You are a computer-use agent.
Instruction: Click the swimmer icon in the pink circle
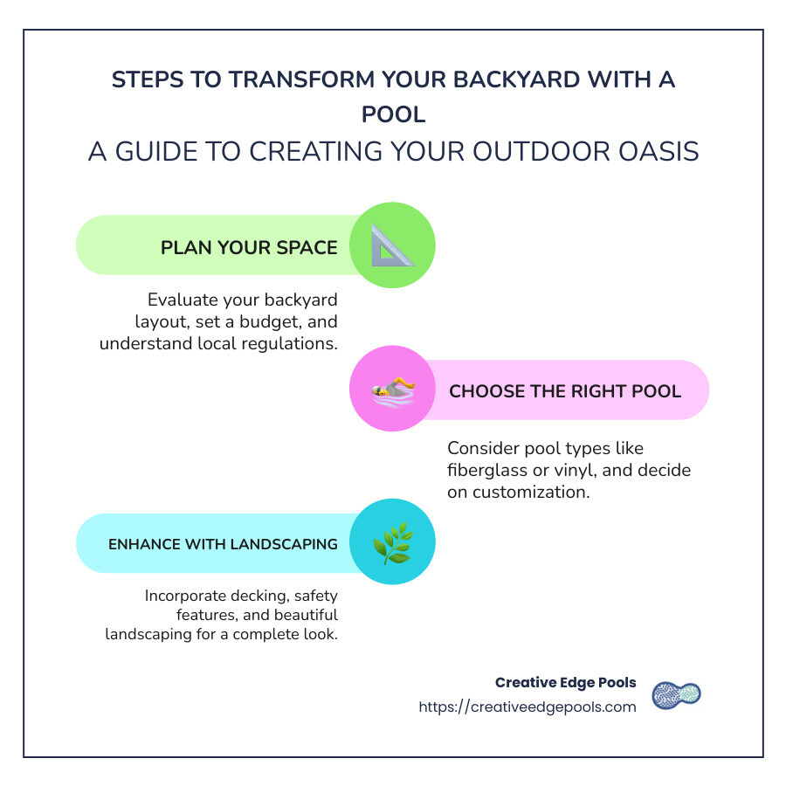pos(392,390)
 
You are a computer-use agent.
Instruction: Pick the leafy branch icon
pos(392,542)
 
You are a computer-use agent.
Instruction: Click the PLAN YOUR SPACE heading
pos(249,247)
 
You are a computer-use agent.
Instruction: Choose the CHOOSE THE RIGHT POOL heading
pos(564,390)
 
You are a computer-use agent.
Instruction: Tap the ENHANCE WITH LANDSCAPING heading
pos(223,544)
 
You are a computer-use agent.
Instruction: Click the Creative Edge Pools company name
pos(565,683)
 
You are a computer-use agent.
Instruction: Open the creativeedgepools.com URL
pos(527,707)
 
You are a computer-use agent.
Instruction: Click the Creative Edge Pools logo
pos(677,694)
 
